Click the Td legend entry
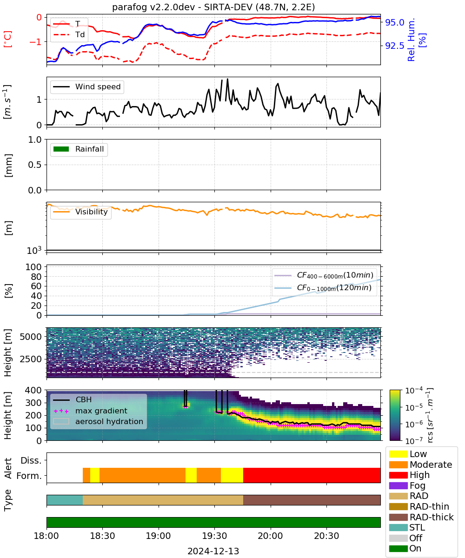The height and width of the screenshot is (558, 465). [69, 34]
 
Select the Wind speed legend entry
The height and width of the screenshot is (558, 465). [87, 86]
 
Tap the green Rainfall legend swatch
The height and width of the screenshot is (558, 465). [61, 149]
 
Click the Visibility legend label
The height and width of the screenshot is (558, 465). [92, 212]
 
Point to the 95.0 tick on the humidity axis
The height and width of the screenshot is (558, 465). [394, 22]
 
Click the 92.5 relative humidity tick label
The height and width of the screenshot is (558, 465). [394, 46]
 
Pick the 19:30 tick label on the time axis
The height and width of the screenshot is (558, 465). [214, 536]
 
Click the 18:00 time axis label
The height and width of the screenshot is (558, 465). [46, 536]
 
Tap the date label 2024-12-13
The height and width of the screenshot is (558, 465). [213, 551]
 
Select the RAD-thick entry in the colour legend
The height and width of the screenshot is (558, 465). [421, 517]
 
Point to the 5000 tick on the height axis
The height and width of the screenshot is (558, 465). [31, 337]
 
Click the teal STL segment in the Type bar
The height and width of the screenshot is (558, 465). [65, 500]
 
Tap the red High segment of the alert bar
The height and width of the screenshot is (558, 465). [312, 475]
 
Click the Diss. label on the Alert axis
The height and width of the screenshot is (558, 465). [31, 460]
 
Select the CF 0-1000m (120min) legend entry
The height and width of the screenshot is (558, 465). [323, 288]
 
